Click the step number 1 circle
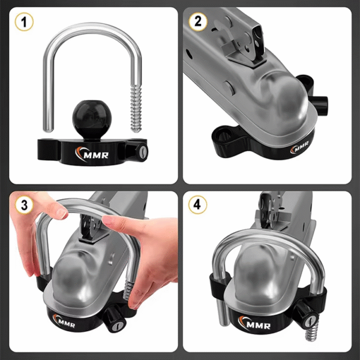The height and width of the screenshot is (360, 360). pyautogui.click(x=23, y=22)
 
